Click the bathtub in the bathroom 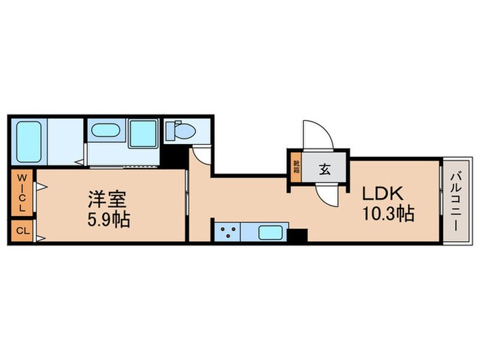[x=29, y=142]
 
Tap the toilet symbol [x=180, y=130]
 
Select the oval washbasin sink [x=107, y=131]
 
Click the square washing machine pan [x=144, y=132]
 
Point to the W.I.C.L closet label [x=21, y=193]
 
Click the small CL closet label [x=21, y=231]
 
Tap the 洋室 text [x=108, y=200]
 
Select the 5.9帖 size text [x=108, y=221]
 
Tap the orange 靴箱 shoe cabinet [x=296, y=169]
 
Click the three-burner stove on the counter [x=228, y=232]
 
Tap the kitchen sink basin [x=271, y=232]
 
